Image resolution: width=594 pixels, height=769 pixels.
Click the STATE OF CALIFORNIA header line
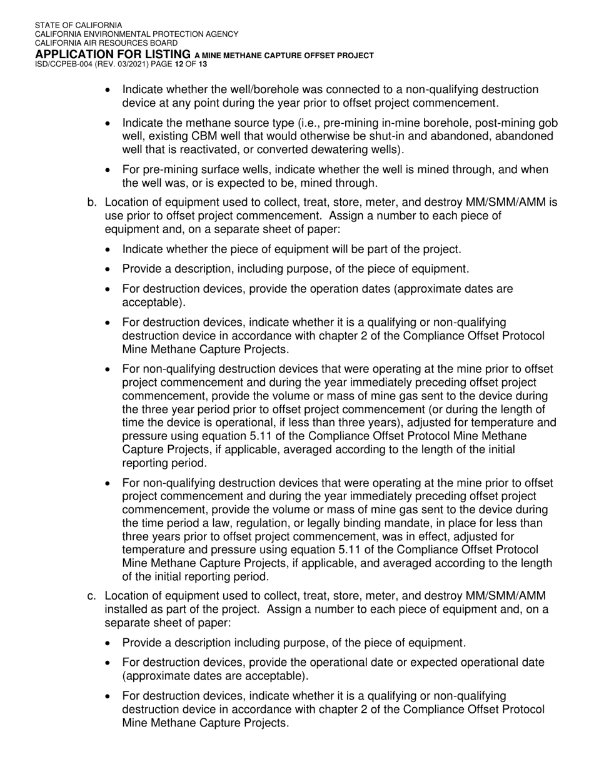click(79, 26)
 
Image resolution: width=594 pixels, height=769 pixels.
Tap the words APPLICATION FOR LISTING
click(113, 54)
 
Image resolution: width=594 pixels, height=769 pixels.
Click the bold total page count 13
click(203, 64)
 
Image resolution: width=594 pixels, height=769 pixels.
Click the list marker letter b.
click(92, 203)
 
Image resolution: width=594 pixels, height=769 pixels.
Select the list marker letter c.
click(92, 595)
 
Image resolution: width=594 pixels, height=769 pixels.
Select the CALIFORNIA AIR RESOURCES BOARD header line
click(106, 43)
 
